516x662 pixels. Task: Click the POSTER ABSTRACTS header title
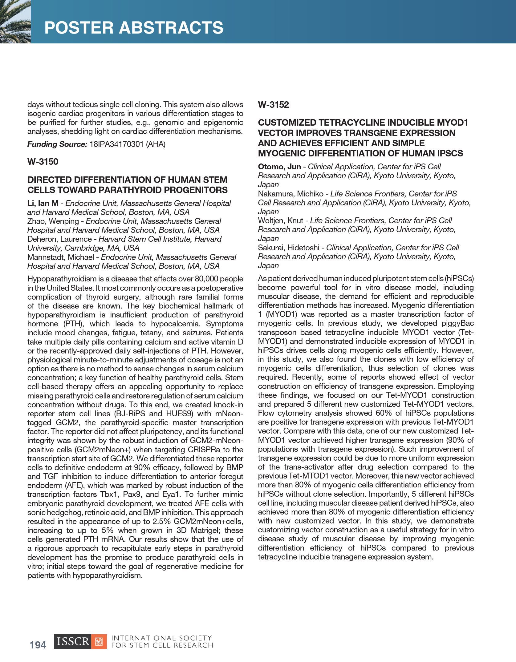click(x=134, y=28)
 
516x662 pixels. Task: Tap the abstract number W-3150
click(x=43, y=162)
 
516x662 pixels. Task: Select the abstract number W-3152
click(x=273, y=105)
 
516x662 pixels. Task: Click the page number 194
click(x=38, y=645)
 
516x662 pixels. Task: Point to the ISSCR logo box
click(x=73, y=642)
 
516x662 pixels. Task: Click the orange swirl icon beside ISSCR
click(x=99, y=642)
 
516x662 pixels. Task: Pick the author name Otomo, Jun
click(x=279, y=167)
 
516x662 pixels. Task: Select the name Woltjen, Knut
click(x=280, y=221)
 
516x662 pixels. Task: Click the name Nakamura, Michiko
click(x=291, y=194)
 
